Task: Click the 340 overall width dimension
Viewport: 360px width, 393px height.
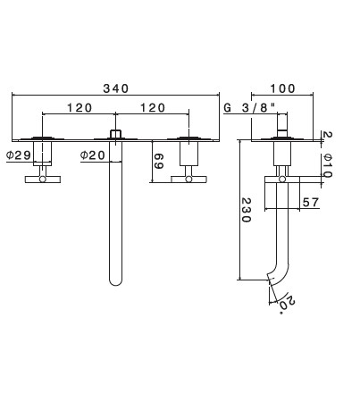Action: (116, 88)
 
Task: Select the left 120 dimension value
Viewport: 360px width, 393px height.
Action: (80, 108)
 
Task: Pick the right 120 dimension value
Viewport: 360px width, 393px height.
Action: (153, 108)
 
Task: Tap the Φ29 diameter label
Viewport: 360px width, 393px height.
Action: (19, 155)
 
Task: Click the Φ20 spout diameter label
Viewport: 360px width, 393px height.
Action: (93, 155)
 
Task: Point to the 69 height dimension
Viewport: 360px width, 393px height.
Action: (158, 161)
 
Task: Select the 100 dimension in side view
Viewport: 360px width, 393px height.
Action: (282, 88)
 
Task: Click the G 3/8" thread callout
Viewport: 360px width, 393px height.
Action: (250, 107)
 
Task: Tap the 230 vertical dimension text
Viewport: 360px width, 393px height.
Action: (246, 210)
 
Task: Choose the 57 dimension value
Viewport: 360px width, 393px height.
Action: (311, 203)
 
